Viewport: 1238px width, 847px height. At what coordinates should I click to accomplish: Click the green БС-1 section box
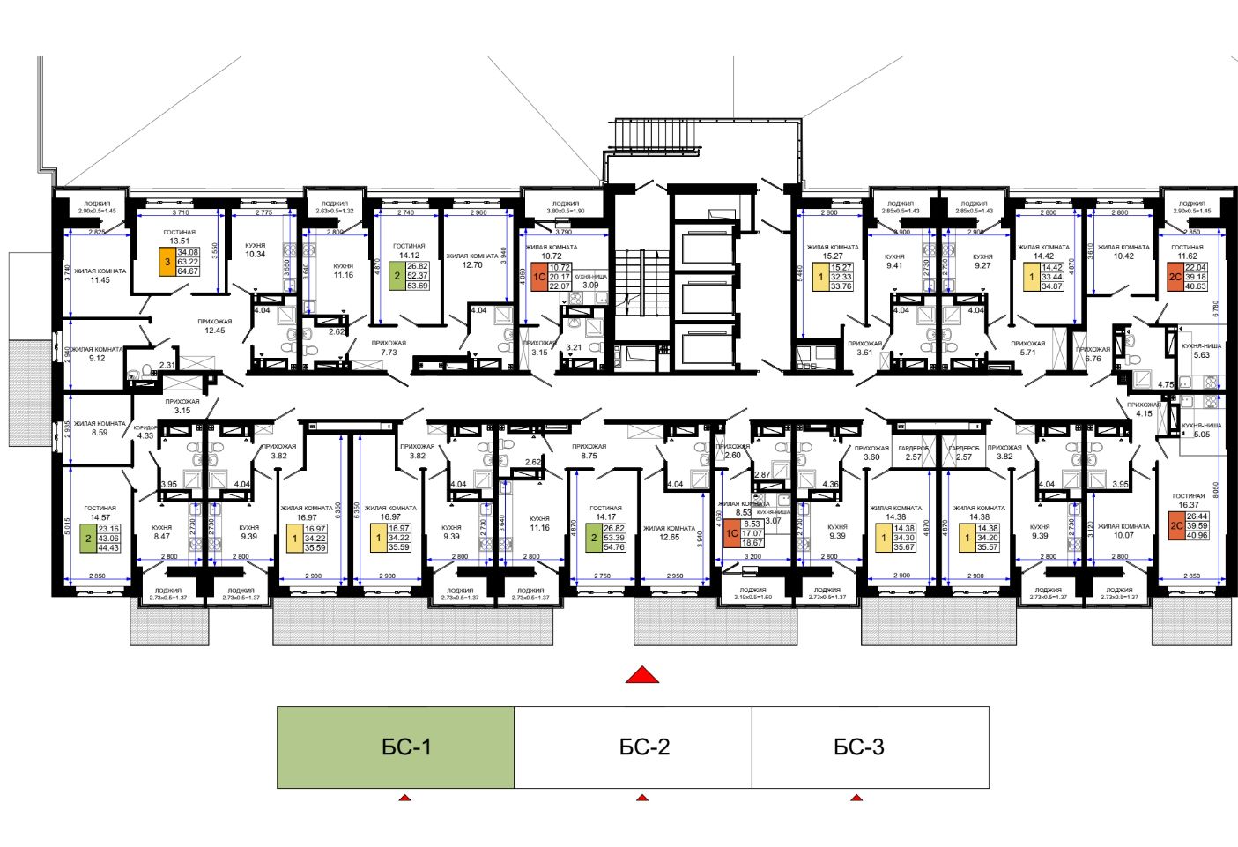(x=396, y=747)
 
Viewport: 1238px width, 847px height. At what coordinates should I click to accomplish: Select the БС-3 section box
(x=870, y=747)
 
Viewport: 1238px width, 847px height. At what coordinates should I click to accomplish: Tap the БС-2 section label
(x=644, y=747)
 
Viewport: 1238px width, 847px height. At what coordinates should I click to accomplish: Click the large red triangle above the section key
(x=642, y=675)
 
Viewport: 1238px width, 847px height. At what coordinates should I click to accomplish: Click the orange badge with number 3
(x=167, y=262)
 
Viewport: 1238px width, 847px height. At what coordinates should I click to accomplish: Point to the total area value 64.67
(x=188, y=271)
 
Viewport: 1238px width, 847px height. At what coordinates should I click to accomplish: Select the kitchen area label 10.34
(x=255, y=255)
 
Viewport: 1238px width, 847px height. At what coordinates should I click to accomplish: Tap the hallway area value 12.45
(x=215, y=331)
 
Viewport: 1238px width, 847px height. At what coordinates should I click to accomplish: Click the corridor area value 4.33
(x=145, y=435)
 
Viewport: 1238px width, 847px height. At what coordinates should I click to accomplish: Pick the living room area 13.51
(x=179, y=241)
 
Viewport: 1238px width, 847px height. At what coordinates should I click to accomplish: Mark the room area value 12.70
(x=472, y=264)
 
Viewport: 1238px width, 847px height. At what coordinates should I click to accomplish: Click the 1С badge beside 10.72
(x=538, y=277)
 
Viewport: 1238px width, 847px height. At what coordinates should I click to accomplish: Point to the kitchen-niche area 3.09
(x=590, y=285)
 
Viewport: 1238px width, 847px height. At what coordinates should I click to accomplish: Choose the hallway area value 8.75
(x=589, y=456)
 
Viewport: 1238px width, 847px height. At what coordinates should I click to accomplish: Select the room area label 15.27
(x=833, y=256)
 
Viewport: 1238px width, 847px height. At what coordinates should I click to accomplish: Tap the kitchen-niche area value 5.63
(x=1201, y=355)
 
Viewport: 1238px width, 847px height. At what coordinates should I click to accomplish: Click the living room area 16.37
(x=1188, y=505)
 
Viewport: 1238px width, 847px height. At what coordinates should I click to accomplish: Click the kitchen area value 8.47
(x=161, y=536)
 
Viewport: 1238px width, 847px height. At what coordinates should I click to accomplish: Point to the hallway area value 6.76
(x=1093, y=359)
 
